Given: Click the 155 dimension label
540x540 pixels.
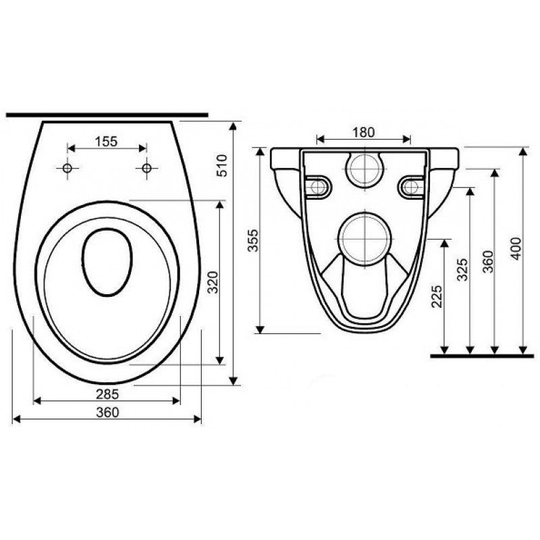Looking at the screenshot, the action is pos(106,141).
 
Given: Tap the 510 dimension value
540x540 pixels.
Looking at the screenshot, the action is pos(222,165).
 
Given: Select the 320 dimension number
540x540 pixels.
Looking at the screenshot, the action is pos(213,282).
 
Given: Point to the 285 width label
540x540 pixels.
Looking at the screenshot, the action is pos(107,394).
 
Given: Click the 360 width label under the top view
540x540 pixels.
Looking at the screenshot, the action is pos(107,412).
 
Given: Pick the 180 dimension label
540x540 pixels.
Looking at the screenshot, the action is pos(364,132).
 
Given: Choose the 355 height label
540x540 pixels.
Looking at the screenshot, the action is pos(253,240).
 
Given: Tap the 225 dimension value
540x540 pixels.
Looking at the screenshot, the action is pos(436,296).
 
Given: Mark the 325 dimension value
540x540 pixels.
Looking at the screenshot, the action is pos(462,269).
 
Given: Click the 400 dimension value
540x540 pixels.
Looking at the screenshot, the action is pos(516,248).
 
